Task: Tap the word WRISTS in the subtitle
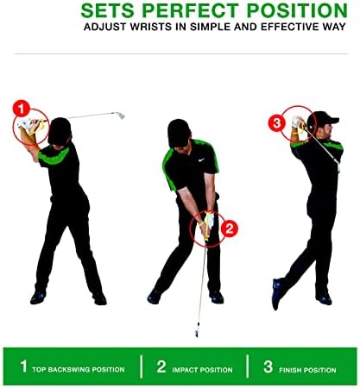(x=150, y=27)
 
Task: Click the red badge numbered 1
(x=22, y=109)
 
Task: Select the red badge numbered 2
(x=230, y=229)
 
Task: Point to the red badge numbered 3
(x=276, y=123)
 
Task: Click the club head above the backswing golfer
(x=121, y=116)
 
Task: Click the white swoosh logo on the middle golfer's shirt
(x=201, y=160)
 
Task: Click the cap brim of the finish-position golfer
(x=334, y=120)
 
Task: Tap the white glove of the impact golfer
(x=209, y=220)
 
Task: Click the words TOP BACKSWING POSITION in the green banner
(x=79, y=369)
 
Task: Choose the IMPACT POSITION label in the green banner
(x=202, y=370)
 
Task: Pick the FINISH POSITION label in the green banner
(x=307, y=370)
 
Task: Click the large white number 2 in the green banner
(x=161, y=366)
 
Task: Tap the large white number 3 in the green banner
(x=268, y=366)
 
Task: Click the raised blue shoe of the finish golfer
(x=276, y=294)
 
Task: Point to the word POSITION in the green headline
(x=297, y=10)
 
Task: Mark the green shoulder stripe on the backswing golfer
(x=54, y=156)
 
